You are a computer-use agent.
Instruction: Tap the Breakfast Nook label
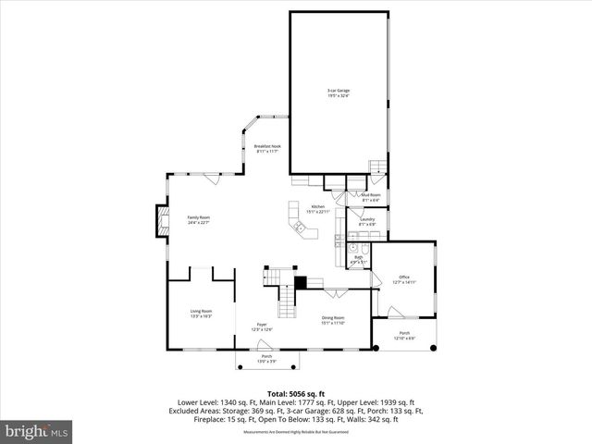pos(267,148)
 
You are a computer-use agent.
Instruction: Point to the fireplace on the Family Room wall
pos(160,219)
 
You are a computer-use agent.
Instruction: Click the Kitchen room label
pos(318,208)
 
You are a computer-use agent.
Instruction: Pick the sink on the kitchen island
pos(299,225)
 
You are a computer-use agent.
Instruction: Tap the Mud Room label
pos(369,197)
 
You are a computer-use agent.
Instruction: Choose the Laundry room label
pos(367,221)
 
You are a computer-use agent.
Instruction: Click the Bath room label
pos(358,259)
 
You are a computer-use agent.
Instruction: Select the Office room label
pos(404,278)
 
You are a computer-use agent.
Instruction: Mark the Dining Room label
pos(332,321)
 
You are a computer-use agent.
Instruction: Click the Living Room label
pos(202,314)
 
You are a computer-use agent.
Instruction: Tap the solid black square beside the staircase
pos(300,282)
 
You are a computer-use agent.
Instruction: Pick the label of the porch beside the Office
pos(404,335)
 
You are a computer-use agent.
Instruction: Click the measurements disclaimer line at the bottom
pos(295,432)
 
